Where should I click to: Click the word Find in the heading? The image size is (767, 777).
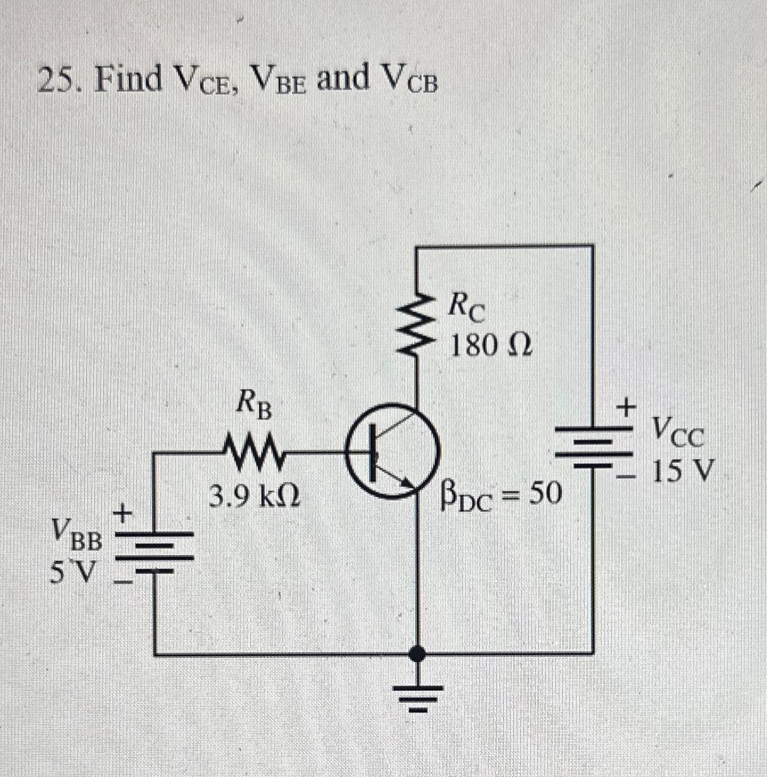point(128,80)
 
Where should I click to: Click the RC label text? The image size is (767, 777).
point(466,308)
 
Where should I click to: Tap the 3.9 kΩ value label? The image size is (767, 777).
point(255,498)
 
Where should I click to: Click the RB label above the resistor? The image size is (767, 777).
point(254,406)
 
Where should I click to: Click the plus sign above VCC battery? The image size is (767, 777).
point(626,408)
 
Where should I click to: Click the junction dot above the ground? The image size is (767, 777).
point(418,653)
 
